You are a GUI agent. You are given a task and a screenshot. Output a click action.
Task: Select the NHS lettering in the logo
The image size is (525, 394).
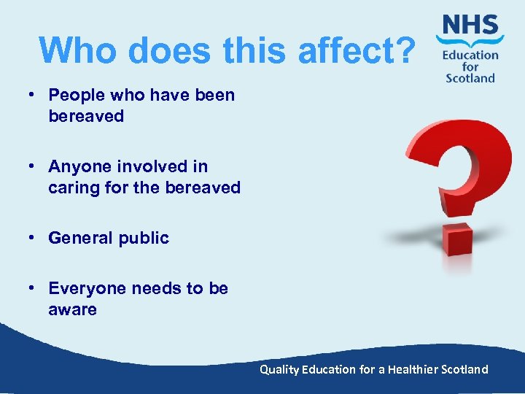point(470,28)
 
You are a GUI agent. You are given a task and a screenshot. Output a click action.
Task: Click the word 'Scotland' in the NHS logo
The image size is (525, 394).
point(470,77)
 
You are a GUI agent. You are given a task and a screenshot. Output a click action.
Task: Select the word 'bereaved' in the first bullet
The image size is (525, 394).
point(86,116)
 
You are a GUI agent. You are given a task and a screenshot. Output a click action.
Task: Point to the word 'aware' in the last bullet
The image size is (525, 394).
point(72,309)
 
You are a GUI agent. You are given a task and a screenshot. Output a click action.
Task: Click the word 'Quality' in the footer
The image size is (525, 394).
point(280,369)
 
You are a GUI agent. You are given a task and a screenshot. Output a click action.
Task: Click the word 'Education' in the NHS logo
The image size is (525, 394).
point(470,55)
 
